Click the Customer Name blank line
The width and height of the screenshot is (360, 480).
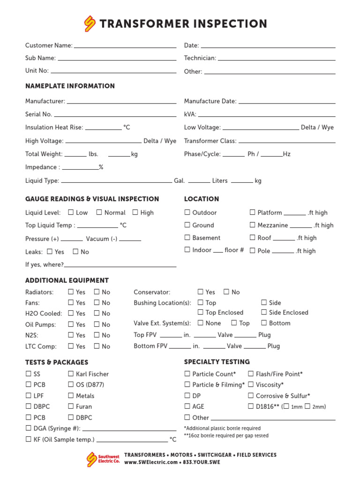pyautogui.click(x=125, y=46)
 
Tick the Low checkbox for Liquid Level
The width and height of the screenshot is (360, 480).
pyautogui.click(x=71, y=212)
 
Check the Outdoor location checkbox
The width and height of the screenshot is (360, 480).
pyautogui.click(x=187, y=212)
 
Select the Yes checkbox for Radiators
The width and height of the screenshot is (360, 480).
pyautogui.click(x=71, y=292)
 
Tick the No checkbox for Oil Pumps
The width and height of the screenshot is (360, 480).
pyautogui.click(x=97, y=324)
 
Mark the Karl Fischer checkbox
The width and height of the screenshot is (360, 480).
pyautogui.click(x=71, y=374)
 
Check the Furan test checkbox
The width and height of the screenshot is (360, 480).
pyautogui.click(x=71, y=406)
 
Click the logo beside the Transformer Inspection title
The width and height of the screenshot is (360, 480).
pyautogui.click(x=90, y=23)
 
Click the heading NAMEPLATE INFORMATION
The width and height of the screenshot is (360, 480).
pyautogui.click(x=70, y=86)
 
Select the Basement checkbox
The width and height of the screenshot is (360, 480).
pyautogui.click(x=187, y=238)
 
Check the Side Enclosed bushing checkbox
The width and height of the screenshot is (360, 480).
pyautogui.click(x=264, y=312)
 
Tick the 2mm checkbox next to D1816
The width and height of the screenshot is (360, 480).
pyautogui.click(x=307, y=406)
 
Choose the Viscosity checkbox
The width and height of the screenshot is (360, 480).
pyautogui.click(x=251, y=384)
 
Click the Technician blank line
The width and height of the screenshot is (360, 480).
pyautogui.click(x=277, y=59)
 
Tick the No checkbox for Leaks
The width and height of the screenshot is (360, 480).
pyautogui.click(x=75, y=252)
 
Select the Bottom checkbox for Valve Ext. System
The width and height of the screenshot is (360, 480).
pyautogui.click(x=264, y=323)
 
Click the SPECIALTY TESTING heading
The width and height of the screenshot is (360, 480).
pyautogui.click(x=217, y=362)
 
